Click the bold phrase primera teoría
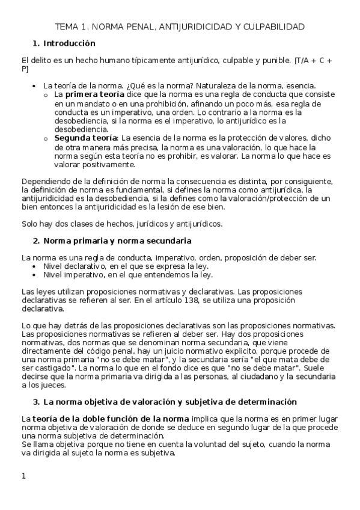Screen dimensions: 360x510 [95, 94]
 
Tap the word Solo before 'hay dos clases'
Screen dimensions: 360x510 [29, 224]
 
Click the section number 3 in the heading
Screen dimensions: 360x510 [35, 402]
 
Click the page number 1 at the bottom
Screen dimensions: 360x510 [23, 476]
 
